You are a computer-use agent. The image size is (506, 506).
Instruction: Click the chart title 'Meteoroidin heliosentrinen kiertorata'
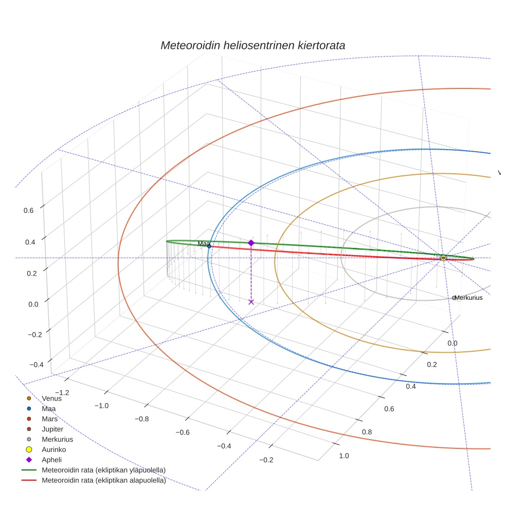point(252,45)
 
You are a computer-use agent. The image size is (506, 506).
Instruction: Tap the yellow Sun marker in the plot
point(443,258)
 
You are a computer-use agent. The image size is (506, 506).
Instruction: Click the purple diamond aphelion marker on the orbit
point(251,243)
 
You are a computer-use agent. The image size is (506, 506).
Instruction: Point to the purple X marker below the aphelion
point(251,302)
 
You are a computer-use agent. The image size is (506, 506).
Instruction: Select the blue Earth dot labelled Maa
point(209,246)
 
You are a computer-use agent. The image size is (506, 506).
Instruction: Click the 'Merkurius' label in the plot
point(468,298)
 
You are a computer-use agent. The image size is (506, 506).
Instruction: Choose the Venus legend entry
point(51,398)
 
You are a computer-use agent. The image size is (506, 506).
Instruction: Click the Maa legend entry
point(49,409)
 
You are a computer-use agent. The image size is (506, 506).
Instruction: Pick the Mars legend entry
point(49,419)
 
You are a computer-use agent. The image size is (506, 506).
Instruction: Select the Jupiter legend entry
point(52,429)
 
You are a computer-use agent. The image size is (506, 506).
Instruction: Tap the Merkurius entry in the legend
point(57,439)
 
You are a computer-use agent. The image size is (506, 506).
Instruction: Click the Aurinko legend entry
point(53,449)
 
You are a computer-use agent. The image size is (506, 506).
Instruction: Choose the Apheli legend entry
point(51,460)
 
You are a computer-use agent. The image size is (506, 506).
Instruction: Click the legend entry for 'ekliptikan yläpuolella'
point(103,470)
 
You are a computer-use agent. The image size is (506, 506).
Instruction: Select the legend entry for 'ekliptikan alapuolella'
point(103,481)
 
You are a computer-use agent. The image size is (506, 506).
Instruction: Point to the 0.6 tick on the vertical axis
point(29,210)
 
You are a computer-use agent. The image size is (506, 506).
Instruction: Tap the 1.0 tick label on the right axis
point(344,456)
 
